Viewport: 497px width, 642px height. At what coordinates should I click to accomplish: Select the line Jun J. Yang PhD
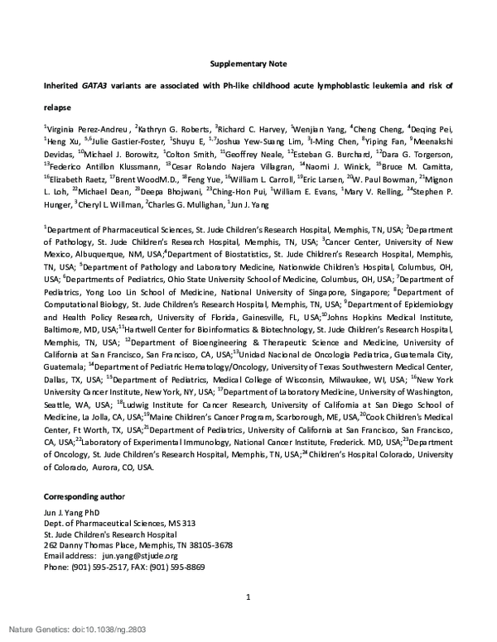pyautogui.click(x=77, y=512)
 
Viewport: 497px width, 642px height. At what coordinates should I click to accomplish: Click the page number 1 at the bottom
pyautogui.click(x=248, y=597)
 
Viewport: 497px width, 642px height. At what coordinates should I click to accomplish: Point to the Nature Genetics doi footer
pyautogui.click(x=67, y=629)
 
